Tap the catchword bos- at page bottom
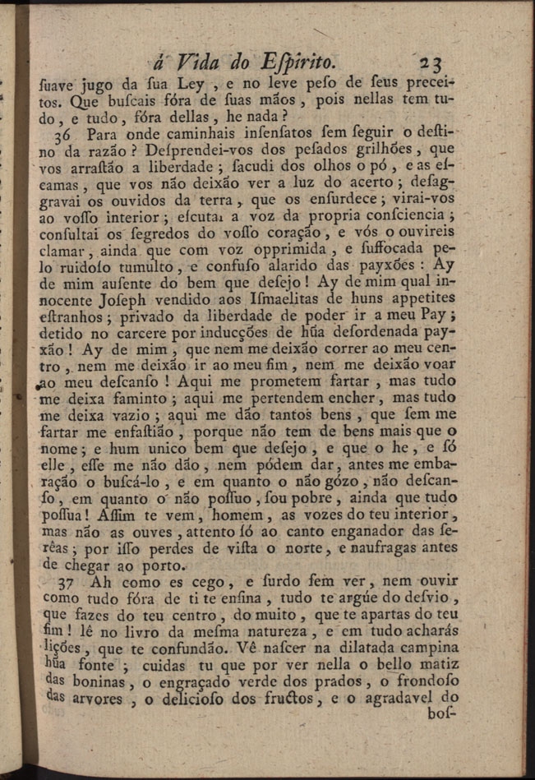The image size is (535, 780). [x=442, y=715]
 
